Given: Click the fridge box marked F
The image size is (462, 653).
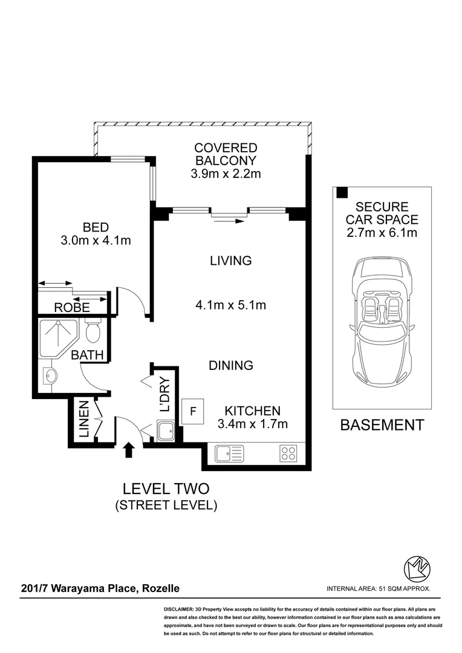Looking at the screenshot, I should click(x=194, y=411).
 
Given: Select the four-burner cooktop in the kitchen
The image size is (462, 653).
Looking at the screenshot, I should click(x=288, y=453).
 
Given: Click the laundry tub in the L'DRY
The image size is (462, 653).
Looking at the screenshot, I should click(x=164, y=432).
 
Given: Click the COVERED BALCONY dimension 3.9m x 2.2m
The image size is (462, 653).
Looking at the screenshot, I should click(x=225, y=175).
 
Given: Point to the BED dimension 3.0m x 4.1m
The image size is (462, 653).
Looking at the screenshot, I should click(x=96, y=240).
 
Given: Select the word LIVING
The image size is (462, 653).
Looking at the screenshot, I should click(x=230, y=261).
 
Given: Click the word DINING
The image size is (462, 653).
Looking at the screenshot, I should click(x=230, y=365).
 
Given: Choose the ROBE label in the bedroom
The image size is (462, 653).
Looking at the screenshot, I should click(x=72, y=307).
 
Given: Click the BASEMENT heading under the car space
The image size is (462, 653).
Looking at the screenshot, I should click(x=382, y=425).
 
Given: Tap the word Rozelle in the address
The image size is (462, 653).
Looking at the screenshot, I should click(x=160, y=588).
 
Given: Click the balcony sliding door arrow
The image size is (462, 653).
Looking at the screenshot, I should click(x=229, y=221).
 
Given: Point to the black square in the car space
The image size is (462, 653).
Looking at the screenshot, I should click(x=342, y=193).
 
